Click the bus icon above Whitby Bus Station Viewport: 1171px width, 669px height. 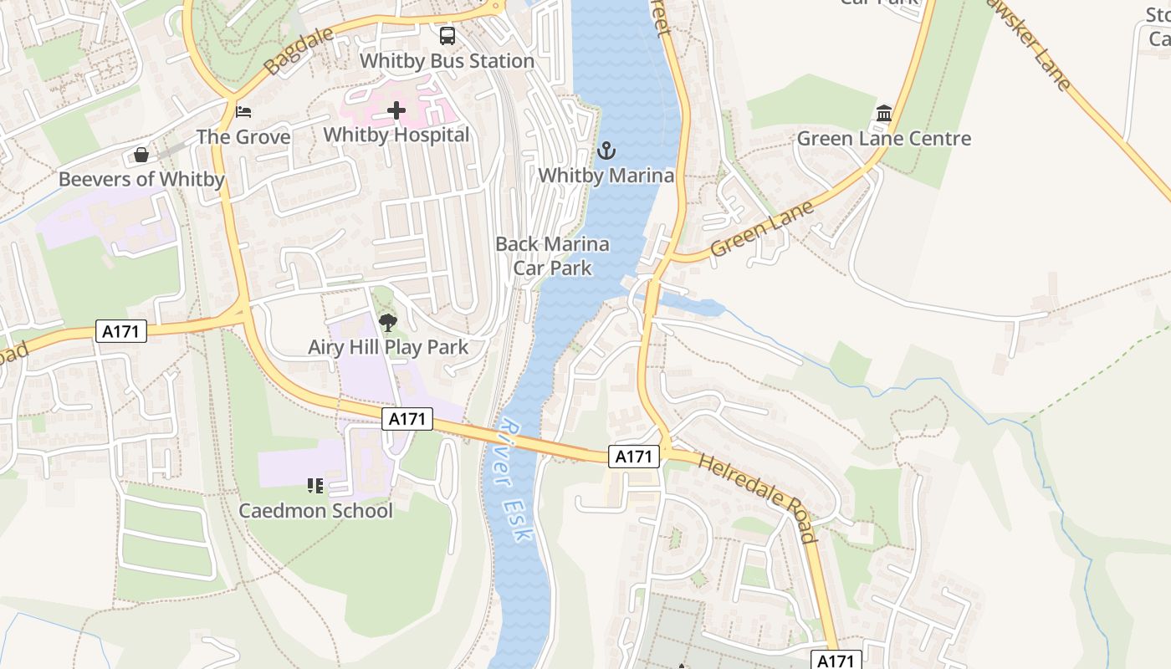click(447, 36)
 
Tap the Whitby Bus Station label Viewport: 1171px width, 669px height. click(447, 61)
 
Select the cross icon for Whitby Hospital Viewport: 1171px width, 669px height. click(396, 110)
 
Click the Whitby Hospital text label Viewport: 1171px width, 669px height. click(396, 135)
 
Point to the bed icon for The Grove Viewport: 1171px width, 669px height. click(243, 112)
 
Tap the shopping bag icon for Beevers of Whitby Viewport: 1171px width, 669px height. click(141, 155)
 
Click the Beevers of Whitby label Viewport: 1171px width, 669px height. click(141, 179)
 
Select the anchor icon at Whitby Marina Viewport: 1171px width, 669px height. click(606, 151)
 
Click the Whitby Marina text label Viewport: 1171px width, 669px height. click(606, 176)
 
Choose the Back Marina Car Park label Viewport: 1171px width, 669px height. click(552, 256)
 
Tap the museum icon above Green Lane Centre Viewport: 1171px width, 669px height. click(884, 113)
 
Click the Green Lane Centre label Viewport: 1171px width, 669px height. click(884, 138)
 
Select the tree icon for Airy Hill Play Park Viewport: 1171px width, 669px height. click(388, 322)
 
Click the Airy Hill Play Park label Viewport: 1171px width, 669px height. click(388, 347)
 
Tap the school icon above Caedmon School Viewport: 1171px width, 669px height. click(315, 486)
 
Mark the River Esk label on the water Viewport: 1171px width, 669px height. click(514, 480)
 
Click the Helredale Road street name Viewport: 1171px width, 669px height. click(758, 498)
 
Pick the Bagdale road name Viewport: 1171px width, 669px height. click(298, 50)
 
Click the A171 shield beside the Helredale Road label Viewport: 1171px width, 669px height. click(633, 457)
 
